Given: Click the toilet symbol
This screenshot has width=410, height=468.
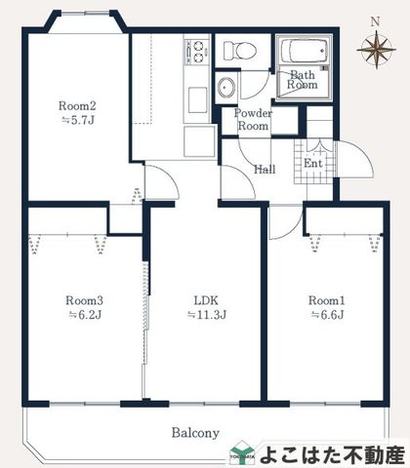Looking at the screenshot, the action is pos(240,51).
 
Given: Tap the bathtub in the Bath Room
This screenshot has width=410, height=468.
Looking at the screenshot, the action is pos(304,51).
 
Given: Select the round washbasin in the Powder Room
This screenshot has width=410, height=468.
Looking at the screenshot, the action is pos(226,88).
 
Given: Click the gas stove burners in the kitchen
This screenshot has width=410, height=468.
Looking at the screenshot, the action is pos(197,52).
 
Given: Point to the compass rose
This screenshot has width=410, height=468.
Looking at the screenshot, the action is pos(376,50).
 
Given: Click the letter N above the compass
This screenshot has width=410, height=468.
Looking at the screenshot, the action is pos(376,21).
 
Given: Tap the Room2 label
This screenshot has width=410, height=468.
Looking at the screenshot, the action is pos(77,105).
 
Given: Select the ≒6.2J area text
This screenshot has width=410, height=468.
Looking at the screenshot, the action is pos(85,315).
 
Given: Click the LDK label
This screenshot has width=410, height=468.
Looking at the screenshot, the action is pos(206,300).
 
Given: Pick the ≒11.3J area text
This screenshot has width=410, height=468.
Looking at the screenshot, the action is pos(207,315).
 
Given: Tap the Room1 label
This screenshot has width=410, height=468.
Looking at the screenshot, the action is pos(326,300).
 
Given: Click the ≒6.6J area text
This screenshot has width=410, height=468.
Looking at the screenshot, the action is pos(327,315).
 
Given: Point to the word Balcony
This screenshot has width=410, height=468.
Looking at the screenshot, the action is pos(195,433).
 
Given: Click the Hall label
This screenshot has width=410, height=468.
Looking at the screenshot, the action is pos(265,170).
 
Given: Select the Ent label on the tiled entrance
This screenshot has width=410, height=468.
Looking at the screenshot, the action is pos(312,163).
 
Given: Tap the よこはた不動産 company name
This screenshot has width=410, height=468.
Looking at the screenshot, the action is pos(332,455).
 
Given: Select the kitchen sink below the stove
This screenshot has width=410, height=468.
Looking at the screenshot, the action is pos(198,100).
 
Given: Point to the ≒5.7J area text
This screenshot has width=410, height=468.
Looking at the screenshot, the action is pos(78,121).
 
